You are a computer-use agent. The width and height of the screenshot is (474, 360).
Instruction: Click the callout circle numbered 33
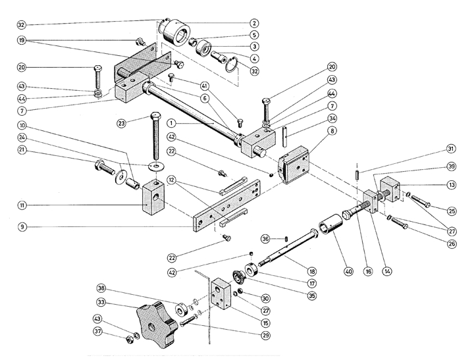pyautogui.click(x=101, y=303)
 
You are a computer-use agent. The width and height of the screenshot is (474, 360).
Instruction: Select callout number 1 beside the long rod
pyautogui.click(x=170, y=122)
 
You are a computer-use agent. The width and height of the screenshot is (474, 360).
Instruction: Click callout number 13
pyautogui.click(x=450, y=185)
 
